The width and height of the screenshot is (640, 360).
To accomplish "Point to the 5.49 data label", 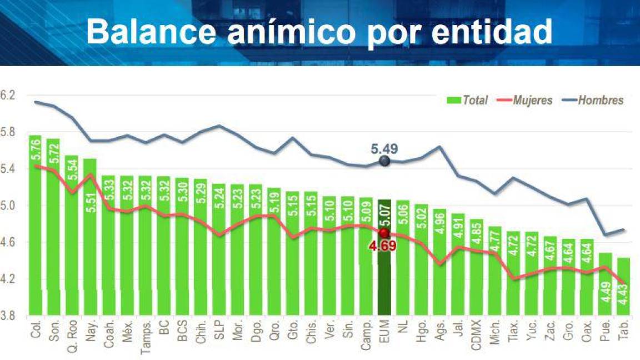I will pyautogui.click(x=384, y=149).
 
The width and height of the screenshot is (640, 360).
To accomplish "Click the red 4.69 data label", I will pyautogui.click(x=384, y=246).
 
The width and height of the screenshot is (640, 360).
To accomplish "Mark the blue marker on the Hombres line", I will pyautogui.click(x=384, y=161).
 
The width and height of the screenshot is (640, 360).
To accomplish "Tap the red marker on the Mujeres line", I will pyautogui.click(x=384, y=233).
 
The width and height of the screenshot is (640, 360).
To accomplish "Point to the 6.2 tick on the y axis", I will pyautogui.click(x=7, y=96).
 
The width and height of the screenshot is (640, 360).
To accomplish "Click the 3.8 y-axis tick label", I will pyautogui.click(x=7, y=316).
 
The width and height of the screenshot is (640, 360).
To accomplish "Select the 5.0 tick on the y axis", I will pyautogui.click(x=7, y=206).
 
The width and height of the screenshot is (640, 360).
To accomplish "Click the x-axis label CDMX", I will pyautogui.click(x=476, y=333).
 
